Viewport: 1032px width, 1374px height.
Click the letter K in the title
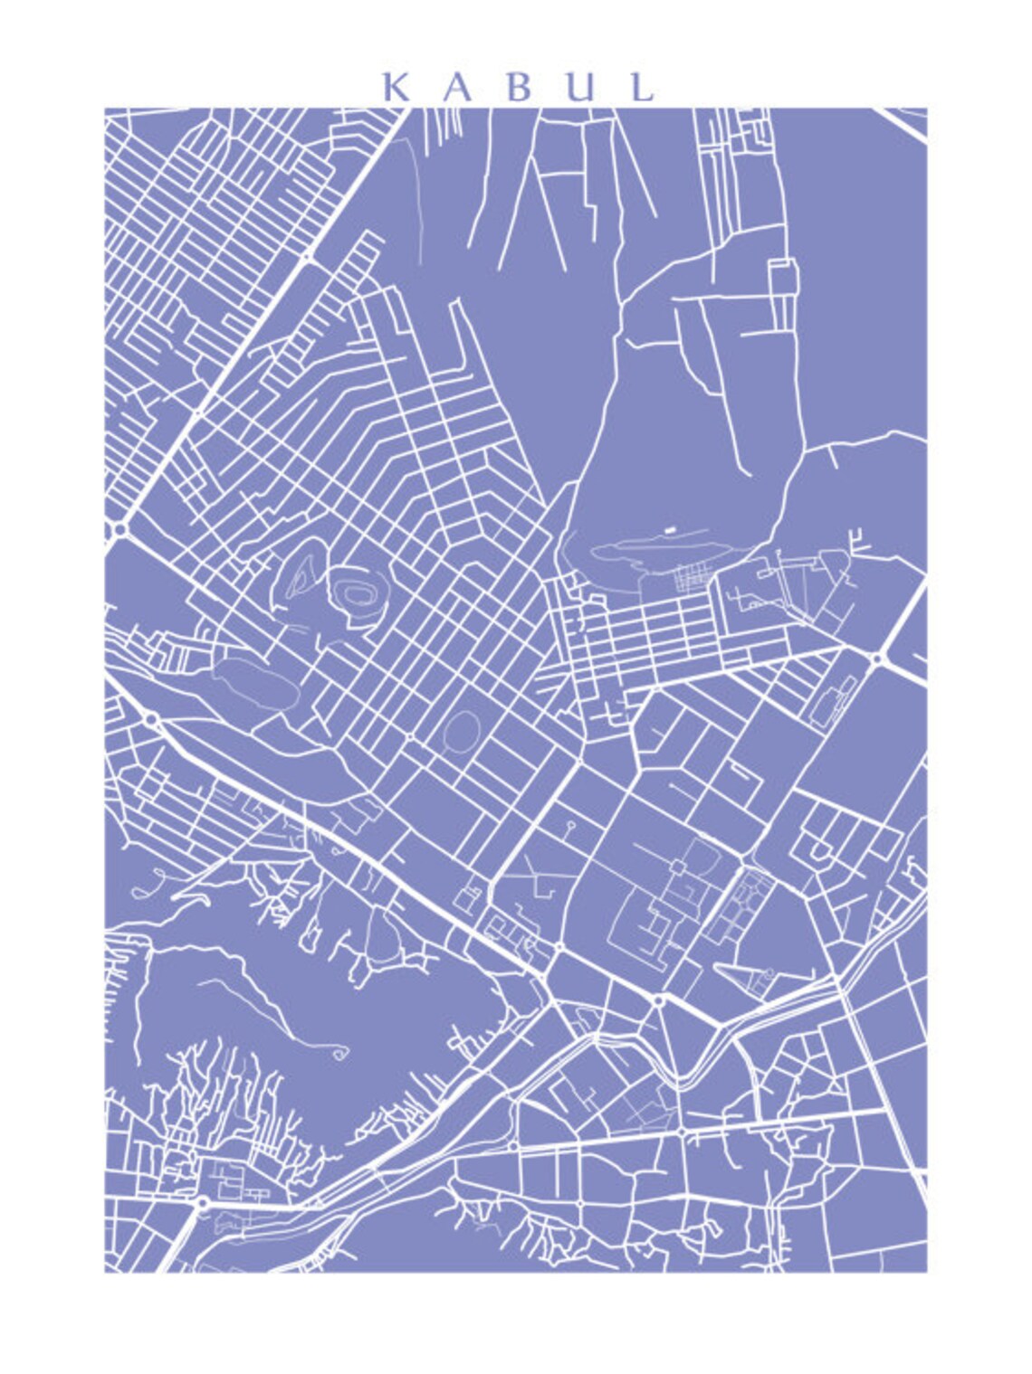[396, 87]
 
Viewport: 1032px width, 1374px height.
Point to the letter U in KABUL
[580, 87]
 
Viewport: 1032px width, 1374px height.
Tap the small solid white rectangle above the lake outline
[669, 527]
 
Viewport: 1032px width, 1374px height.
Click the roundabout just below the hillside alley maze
[202, 1202]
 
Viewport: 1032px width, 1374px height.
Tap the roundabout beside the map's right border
[876, 659]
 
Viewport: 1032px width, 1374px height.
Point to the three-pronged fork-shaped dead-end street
[855, 544]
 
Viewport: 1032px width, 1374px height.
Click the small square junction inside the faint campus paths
[677, 867]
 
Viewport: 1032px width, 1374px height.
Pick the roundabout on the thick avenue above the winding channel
[658, 1000]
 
